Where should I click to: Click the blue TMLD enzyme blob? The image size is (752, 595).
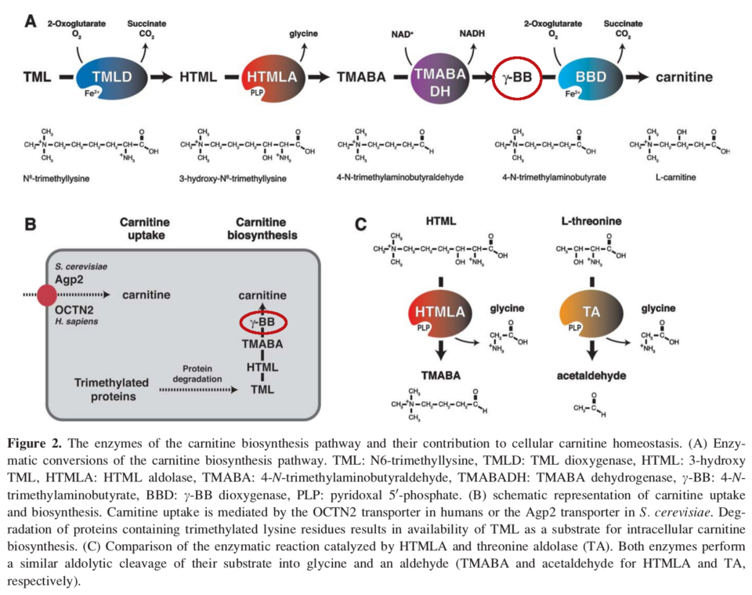tap(110, 77)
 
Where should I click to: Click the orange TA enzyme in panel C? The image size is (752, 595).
tap(591, 314)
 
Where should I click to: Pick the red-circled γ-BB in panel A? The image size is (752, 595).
tap(517, 77)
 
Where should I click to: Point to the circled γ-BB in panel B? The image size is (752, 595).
tap(263, 322)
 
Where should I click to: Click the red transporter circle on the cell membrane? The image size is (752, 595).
tap(47, 295)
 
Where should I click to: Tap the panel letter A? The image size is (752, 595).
tap(31, 22)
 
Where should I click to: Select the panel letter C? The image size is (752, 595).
tap(360, 224)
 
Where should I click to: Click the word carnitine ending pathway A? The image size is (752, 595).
tap(684, 77)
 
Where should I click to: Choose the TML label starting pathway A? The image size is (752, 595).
tap(37, 77)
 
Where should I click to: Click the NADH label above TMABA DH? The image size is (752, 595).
tap(472, 34)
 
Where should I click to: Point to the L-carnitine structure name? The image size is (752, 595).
tap(675, 177)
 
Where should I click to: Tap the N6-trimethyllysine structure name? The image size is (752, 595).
tap(56, 179)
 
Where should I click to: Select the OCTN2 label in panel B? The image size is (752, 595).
tap(74, 310)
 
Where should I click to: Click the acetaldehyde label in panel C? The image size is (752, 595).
tap(591, 376)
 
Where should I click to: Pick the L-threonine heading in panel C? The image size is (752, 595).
tap(591, 221)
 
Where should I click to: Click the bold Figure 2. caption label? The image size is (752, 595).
tap(34, 444)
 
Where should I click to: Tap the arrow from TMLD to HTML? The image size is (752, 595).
tap(161, 77)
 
